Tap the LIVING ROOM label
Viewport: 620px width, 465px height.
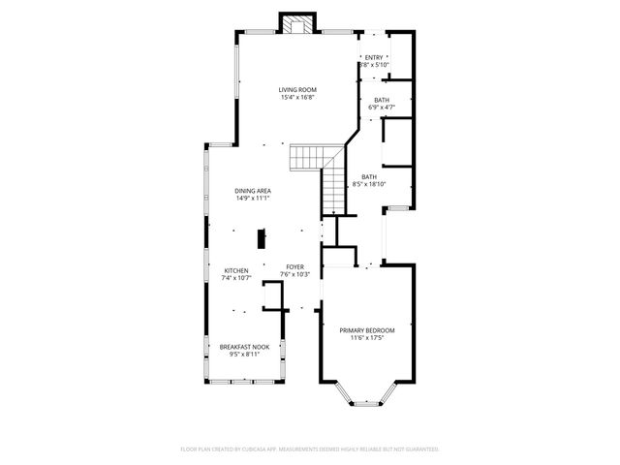(x=297, y=89)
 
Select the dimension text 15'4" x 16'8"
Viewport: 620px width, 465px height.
(x=297, y=97)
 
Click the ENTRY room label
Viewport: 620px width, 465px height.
(x=373, y=57)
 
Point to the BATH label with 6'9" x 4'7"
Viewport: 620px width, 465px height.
(x=381, y=100)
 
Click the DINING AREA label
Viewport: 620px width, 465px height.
(x=251, y=191)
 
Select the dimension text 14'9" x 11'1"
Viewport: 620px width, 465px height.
(x=251, y=199)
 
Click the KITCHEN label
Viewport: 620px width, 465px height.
(x=237, y=270)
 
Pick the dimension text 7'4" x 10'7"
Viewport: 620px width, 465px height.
(x=237, y=278)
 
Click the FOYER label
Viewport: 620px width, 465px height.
(x=294, y=266)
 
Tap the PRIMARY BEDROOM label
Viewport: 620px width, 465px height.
(x=366, y=330)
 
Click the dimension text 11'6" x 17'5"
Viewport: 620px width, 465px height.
(x=366, y=338)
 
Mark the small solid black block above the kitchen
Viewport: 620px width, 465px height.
(x=260, y=238)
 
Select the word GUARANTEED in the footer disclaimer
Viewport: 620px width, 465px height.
(x=419, y=449)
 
